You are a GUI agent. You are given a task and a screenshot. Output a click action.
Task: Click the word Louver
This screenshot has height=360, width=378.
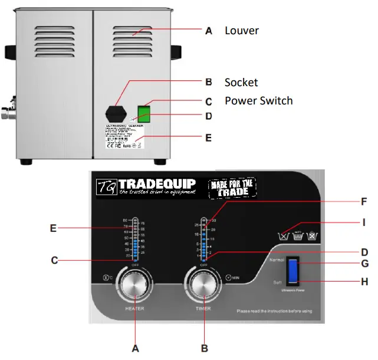[241, 31]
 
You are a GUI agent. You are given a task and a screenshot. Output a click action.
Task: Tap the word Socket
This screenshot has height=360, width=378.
[241, 82]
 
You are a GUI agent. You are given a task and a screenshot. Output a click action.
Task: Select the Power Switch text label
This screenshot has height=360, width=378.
[258, 100]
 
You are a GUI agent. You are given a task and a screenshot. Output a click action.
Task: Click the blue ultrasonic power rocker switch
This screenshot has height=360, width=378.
[292, 270]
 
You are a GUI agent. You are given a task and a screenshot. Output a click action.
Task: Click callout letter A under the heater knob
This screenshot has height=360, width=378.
[135, 348]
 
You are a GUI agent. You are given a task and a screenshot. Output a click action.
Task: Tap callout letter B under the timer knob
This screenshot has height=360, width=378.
[205, 348]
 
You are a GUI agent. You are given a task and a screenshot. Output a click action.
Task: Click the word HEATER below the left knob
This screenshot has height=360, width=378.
[134, 308]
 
